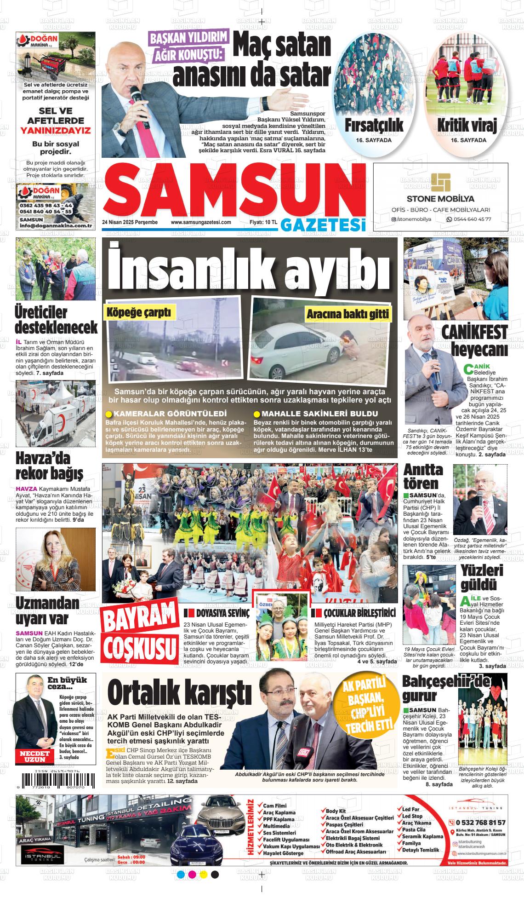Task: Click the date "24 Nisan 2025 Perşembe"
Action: pyautogui.click(x=130, y=222)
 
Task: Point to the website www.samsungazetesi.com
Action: pyautogui.click(x=200, y=222)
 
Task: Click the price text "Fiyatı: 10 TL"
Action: pyautogui.click(x=263, y=222)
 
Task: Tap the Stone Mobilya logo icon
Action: pyautogui.click(x=441, y=183)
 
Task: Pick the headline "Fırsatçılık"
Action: pyautogui.click(x=374, y=125)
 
